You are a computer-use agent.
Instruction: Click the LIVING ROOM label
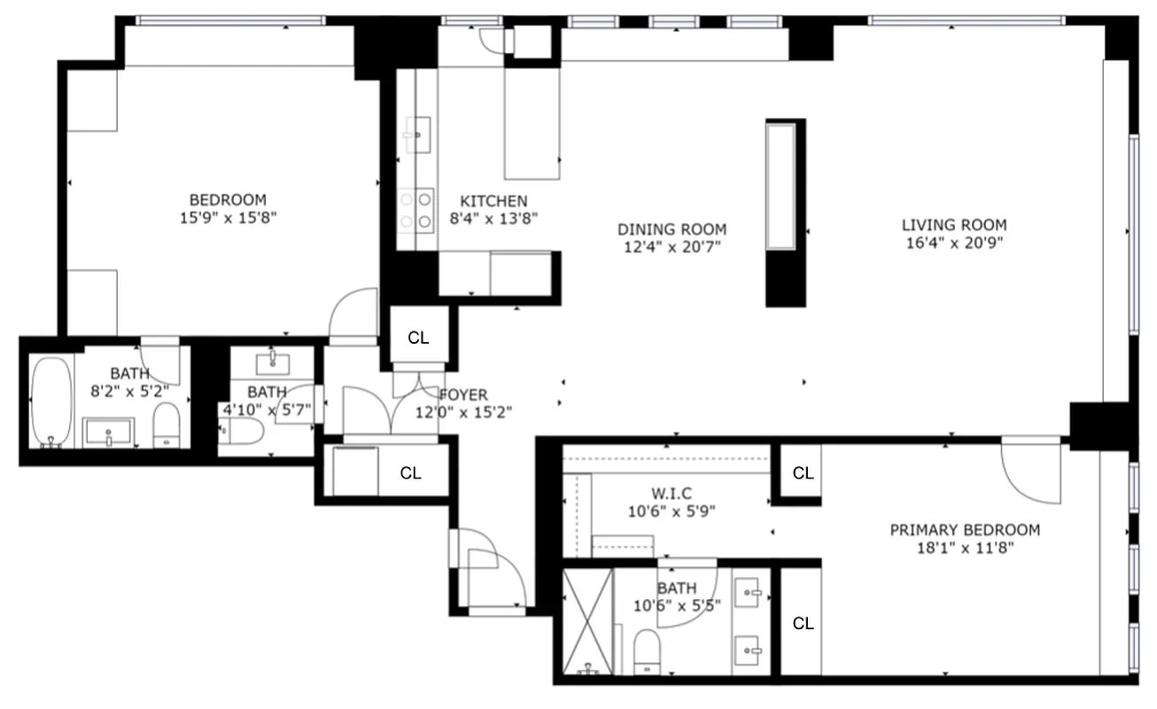tap(953, 225)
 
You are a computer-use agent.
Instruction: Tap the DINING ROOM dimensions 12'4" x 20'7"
tap(672, 247)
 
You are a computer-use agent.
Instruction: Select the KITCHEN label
tap(493, 201)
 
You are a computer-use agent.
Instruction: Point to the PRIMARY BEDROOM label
tap(965, 530)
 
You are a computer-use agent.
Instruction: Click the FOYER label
tap(463, 394)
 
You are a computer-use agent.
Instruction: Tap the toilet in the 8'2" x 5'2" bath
tap(166, 425)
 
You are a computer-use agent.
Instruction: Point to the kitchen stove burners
tap(416, 210)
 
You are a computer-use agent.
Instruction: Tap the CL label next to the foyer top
tap(418, 338)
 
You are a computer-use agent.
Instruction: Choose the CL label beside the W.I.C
tap(803, 473)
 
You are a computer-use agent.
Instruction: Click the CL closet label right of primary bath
tap(803, 624)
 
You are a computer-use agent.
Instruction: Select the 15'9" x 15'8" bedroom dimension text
tap(228, 217)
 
